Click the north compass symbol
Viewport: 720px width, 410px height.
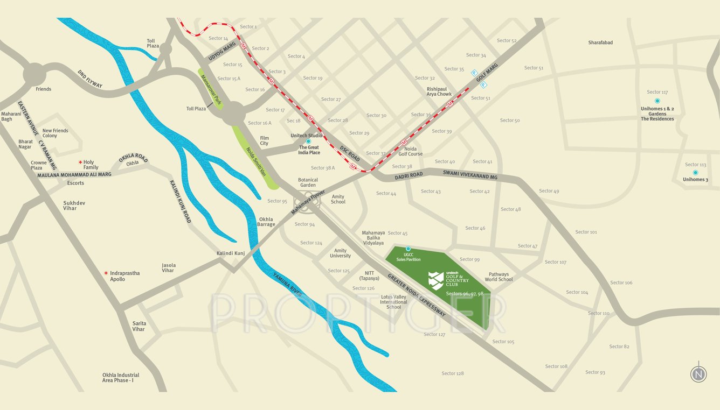tap(699, 373)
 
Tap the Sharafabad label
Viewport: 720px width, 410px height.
tap(600, 43)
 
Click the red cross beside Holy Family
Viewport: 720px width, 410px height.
tap(80, 162)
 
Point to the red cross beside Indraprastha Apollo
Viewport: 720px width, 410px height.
tap(106, 273)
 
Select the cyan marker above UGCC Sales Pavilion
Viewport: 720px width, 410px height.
tap(408, 249)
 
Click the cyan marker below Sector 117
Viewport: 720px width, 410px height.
tap(657, 101)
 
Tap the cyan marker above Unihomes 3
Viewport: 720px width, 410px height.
tap(695, 173)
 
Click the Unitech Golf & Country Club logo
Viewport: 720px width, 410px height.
tap(436, 280)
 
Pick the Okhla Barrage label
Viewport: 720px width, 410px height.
tap(266, 222)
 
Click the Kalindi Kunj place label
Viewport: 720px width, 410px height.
tap(231, 253)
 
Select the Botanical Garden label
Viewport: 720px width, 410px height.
tap(308, 182)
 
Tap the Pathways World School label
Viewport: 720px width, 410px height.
tap(499, 277)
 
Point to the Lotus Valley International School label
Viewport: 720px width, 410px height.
tap(393, 302)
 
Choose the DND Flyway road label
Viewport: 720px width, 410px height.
tap(90, 79)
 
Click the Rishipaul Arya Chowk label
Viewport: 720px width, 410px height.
tap(439, 91)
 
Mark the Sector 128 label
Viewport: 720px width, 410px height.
tap(453, 373)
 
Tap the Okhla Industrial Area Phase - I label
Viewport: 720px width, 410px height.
tap(121, 378)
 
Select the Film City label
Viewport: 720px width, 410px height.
tap(264, 141)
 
